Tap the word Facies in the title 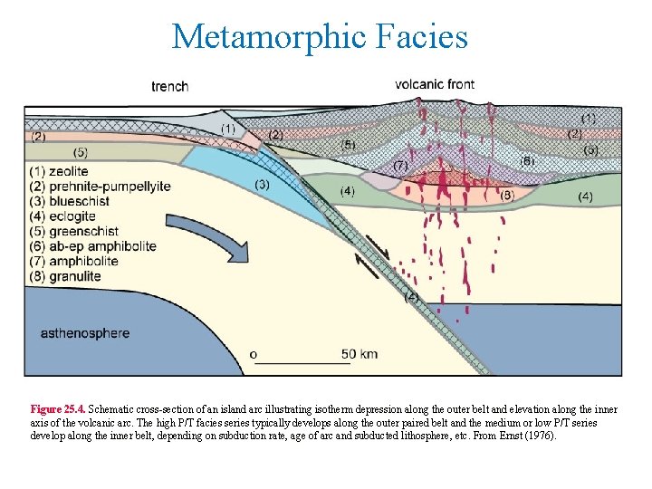(x=424, y=37)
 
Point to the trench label (x=170, y=87)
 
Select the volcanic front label (x=435, y=84)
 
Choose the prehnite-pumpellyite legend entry (x=101, y=187)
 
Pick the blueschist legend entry (x=70, y=202)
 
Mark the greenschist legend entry (x=73, y=232)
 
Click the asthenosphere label (x=85, y=333)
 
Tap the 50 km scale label (x=360, y=353)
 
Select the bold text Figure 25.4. (x=58, y=409)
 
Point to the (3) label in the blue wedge (x=262, y=185)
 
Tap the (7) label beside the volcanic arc (x=401, y=167)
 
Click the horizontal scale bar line (x=303, y=363)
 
